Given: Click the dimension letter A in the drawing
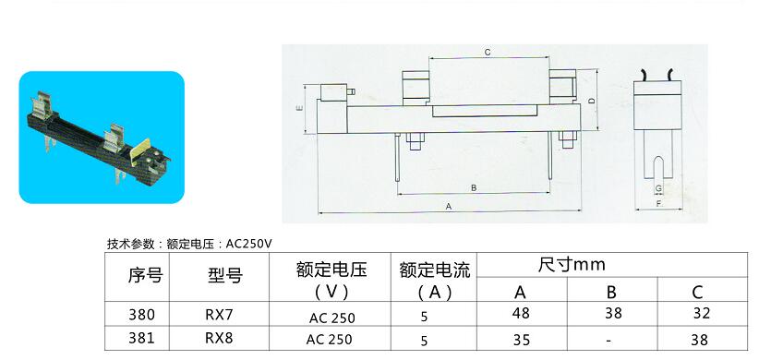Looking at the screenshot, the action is [449, 207].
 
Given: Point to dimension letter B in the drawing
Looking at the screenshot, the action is [473, 187].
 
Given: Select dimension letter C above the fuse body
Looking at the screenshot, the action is [487, 53].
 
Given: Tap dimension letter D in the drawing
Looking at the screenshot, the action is [589, 99].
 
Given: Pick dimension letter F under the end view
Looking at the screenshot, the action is [658, 204].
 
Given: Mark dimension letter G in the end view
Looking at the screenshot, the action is [657, 187].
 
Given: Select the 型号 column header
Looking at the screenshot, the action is [224, 275].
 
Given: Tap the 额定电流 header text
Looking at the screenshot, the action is [435, 270].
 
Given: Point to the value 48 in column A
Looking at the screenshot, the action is [521, 314].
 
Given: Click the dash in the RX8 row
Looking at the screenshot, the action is [609, 339].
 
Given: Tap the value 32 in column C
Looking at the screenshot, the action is [699, 314].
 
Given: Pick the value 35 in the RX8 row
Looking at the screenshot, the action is [521, 339].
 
